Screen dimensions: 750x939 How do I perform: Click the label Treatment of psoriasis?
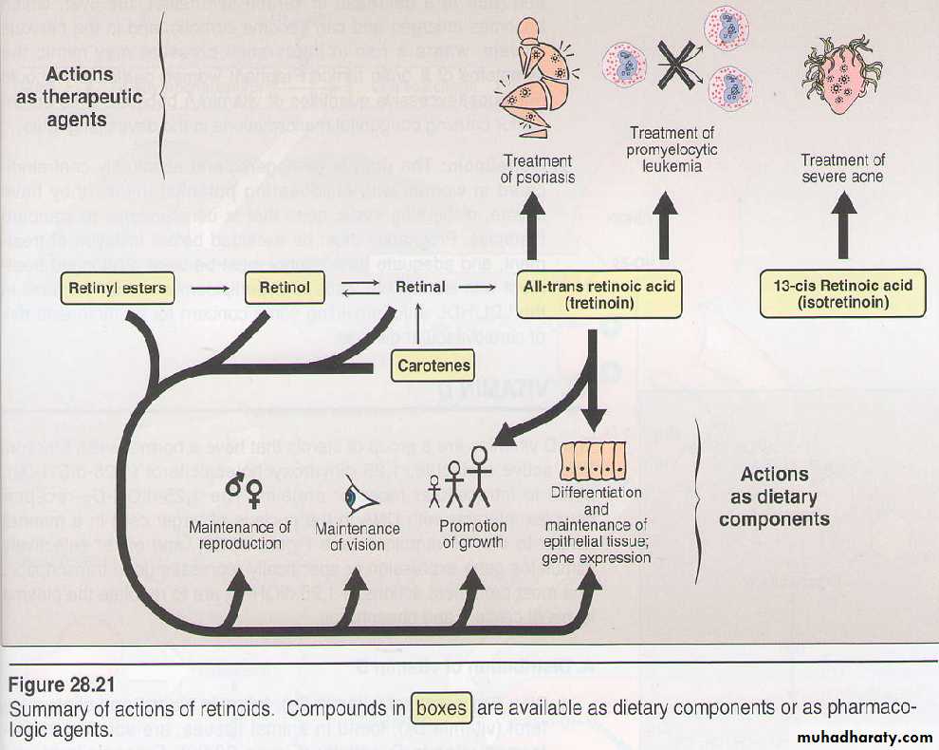tap(539, 170)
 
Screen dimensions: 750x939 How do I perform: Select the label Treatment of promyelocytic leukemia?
tap(672, 150)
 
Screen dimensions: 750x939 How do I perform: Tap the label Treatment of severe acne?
tap(842, 169)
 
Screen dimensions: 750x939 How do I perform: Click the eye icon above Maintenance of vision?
tap(360, 497)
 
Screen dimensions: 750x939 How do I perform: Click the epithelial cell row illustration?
tap(594, 461)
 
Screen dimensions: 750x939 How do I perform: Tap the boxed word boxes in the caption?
tap(442, 708)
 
